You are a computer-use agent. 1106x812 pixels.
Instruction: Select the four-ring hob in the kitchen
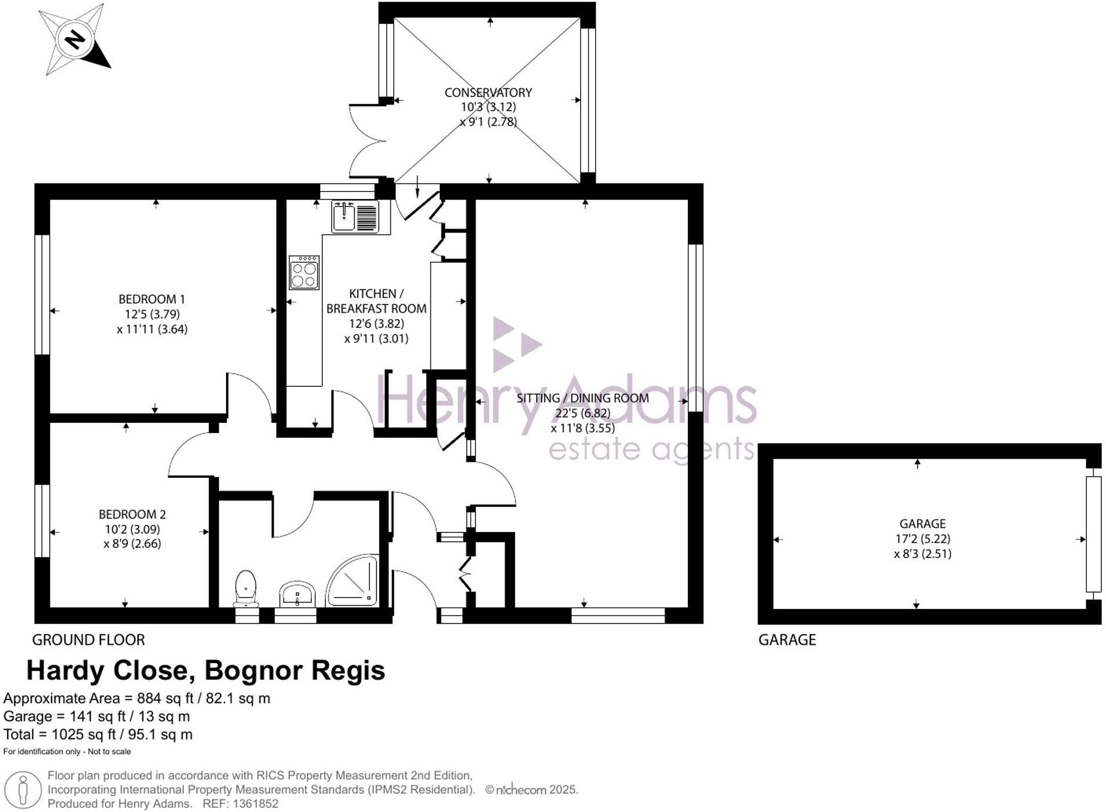click(x=304, y=273)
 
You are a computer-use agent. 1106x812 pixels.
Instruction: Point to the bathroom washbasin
click(x=297, y=594)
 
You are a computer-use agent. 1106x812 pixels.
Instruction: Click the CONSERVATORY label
click(x=488, y=92)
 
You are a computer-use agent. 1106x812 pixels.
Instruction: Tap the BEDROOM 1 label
click(x=151, y=299)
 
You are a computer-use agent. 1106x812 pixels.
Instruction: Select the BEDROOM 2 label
click(x=132, y=514)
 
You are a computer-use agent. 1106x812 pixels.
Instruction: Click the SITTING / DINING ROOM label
click(x=582, y=398)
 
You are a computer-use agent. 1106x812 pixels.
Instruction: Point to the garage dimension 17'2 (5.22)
click(x=922, y=539)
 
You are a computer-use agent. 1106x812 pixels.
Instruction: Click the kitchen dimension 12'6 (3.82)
click(x=376, y=324)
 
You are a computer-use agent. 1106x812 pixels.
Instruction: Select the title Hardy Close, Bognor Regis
click(x=206, y=670)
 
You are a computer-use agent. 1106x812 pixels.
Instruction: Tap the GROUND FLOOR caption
click(x=88, y=640)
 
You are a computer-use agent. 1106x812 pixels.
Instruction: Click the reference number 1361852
click(x=255, y=804)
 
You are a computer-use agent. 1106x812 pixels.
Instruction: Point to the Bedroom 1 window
click(x=42, y=294)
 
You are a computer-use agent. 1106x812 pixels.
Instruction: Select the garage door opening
click(x=1093, y=534)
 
